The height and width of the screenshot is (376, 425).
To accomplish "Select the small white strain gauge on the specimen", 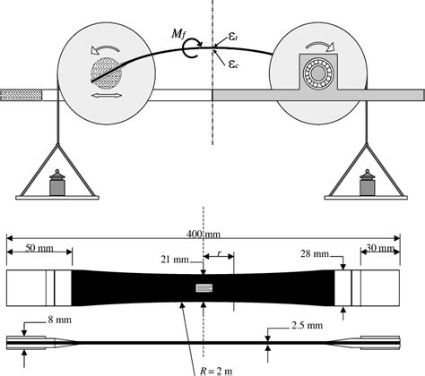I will click(205, 287).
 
